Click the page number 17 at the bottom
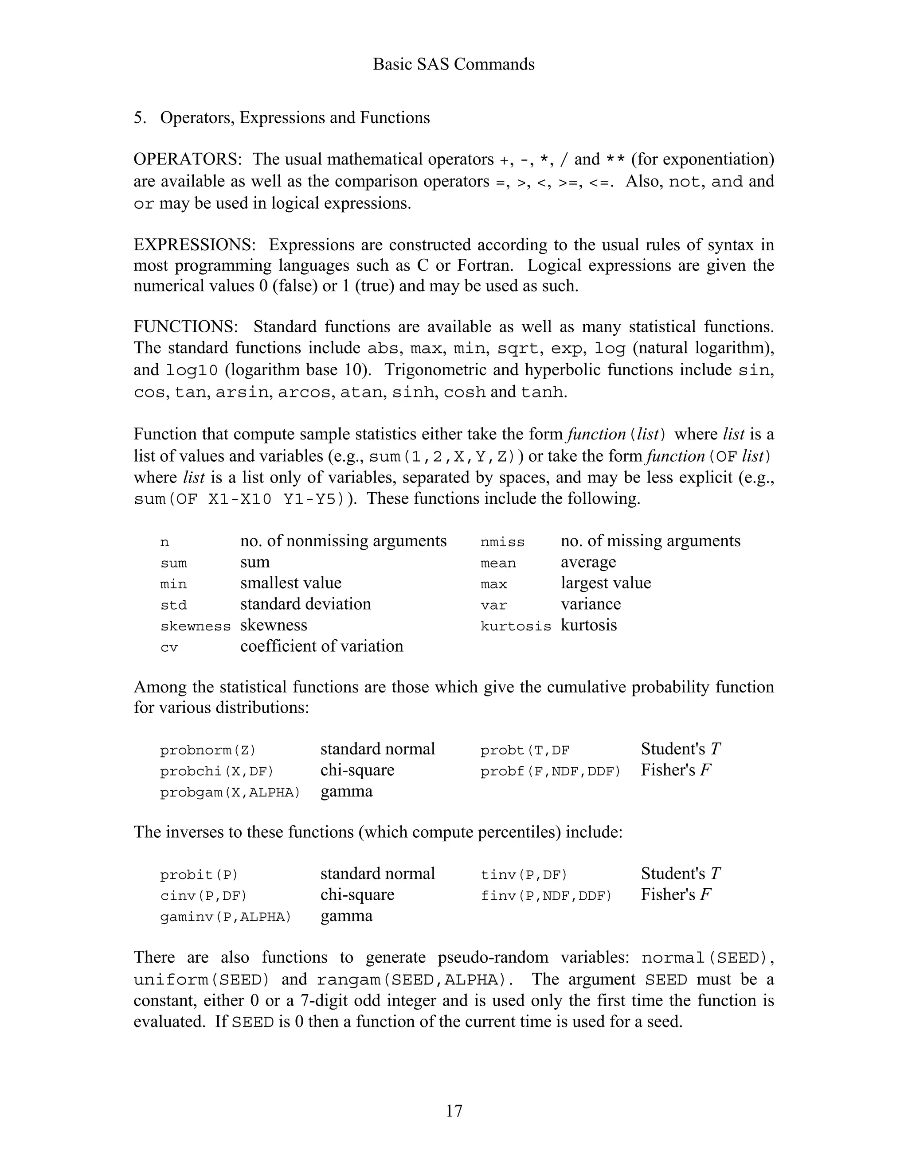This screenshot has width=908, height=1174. (454, 1110)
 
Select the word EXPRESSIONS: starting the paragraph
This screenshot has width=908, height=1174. (195, 245)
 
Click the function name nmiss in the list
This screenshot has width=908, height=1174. (502, 542)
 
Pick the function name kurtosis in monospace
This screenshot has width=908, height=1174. (515, 626)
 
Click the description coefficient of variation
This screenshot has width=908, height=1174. (321, 646)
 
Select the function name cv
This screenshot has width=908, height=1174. (168, 648)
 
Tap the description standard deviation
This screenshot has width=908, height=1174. (305, 604)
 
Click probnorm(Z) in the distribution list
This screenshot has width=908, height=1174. (207, 750)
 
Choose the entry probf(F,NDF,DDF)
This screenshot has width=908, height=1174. (550, 771)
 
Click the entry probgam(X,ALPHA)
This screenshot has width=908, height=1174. (230, 793)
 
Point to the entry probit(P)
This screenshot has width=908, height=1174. (199, 875)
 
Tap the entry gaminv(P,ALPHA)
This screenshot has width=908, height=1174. (225, 917)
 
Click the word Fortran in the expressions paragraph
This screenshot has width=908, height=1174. (487, 265)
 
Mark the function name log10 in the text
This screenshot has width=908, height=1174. (192, 371)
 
